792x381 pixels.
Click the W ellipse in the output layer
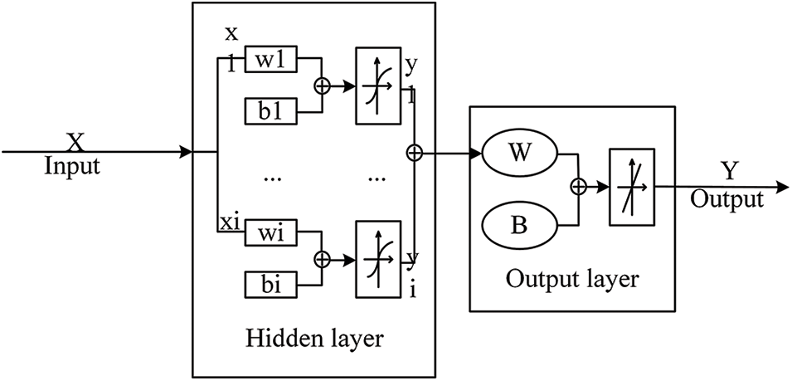coord(520,154)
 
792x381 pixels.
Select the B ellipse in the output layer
coord(520,225)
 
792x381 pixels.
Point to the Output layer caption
coord(573,278)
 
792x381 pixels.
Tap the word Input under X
coord(72,166)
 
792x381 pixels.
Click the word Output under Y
coord(726,200)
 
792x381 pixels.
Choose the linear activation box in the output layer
coord(633,188)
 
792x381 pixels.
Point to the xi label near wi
coord(229,222)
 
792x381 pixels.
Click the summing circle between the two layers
coord(415,153)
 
